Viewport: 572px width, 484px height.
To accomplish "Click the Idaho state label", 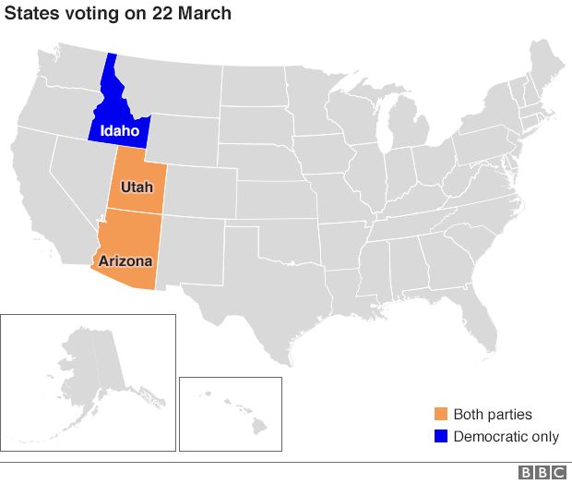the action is pos(120,131).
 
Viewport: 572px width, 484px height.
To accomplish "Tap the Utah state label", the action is pos(137,188).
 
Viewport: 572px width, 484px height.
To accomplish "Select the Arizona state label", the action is pos(125,261).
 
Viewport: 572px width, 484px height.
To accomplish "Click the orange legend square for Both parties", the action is pos(441,415).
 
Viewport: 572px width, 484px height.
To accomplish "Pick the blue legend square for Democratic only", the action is pos(441,437).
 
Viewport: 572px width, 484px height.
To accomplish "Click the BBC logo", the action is pos(542,473).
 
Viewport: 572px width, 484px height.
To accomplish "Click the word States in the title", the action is pos(29,14).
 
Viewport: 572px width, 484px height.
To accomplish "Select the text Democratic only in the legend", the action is pos(506,437).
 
